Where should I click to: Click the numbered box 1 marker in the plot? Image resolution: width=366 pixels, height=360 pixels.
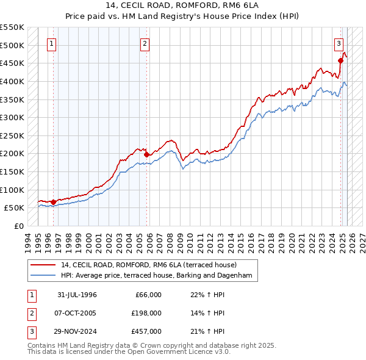52,43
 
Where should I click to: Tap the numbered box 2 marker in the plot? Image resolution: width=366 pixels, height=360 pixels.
145,43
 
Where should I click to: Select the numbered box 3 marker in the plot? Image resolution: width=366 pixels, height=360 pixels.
339,43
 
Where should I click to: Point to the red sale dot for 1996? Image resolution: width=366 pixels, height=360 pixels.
53,202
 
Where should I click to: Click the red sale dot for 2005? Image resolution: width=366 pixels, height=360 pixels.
146,154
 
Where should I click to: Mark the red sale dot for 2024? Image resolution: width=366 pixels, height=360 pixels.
340,60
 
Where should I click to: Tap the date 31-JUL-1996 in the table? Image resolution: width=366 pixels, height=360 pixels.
77,295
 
